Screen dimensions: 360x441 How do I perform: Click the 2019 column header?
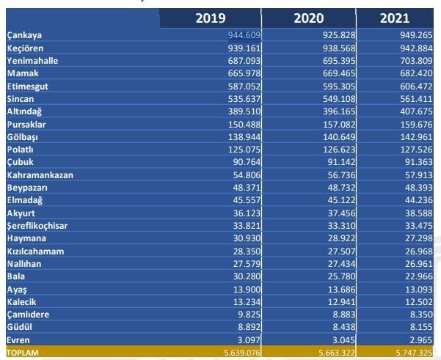coord(211,18)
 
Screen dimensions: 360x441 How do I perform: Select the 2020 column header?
coord(308,18)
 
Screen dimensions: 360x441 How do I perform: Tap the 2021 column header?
coord(395,18)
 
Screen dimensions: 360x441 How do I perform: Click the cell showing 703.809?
coord(411,61)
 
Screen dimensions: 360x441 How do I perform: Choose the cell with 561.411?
coord(411,99)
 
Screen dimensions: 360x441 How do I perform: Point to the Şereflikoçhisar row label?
coord(37,226)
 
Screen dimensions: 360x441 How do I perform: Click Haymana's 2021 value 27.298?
coord(413,238)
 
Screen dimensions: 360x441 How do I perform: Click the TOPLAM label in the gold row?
coord(23,353)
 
